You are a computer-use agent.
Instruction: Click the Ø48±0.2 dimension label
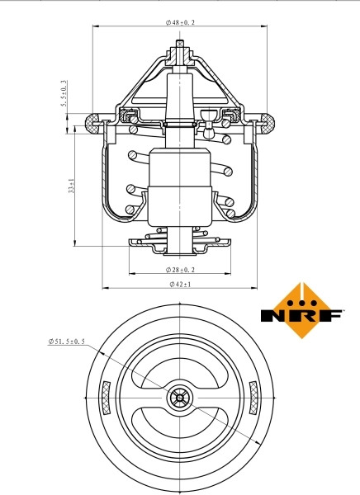(x=180, y=22)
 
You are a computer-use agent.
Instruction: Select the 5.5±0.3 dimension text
(x=64, y=93)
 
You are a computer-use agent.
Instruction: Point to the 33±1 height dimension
(x=72, y=186)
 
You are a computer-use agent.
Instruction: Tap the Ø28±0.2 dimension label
(x=180, y=270)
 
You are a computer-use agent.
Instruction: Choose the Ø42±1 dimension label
(x=180, y=284)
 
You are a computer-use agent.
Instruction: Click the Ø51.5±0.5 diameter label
(x=66, y=342)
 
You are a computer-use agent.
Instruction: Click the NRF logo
(x=301, y=311)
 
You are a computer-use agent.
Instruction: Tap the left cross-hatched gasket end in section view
(x=92, y=123)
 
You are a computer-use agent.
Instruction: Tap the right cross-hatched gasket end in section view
(x=268, y=123)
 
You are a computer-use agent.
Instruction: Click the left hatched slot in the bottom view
(x=107, y=398)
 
